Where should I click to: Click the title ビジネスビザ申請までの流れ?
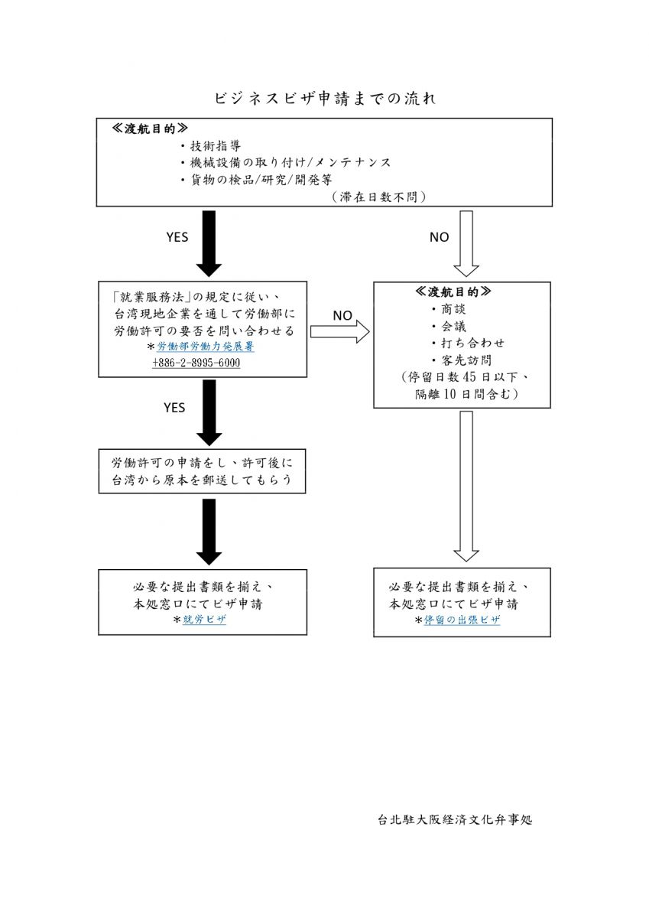click(x=325, y=99)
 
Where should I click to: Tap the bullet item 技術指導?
click(x=211, y=146)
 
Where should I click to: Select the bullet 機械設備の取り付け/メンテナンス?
click(x=286, y=163)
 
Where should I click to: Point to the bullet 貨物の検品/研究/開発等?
click(x=256, y=180)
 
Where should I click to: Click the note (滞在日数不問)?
click(x=378, y=197)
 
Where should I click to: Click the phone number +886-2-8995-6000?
click(x=196, y=363)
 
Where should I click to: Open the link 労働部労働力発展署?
click(x=206, y=347)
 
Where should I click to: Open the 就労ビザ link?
click(x=204, y=619)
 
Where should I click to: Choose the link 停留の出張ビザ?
click(x=462, y=619)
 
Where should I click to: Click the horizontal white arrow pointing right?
click(x=340, y=331)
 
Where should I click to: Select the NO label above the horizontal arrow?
click(x=342, y=315)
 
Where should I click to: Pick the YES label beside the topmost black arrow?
click(x=177, y=237)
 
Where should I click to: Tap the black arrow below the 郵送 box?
click(x=209, y=532)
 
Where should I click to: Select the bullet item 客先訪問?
click(x=462, y=360)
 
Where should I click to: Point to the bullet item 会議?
click(x=449, y=326)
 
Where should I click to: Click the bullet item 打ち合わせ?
click(x=468, y=343)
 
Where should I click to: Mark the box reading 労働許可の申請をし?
click(x=202, y=471)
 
